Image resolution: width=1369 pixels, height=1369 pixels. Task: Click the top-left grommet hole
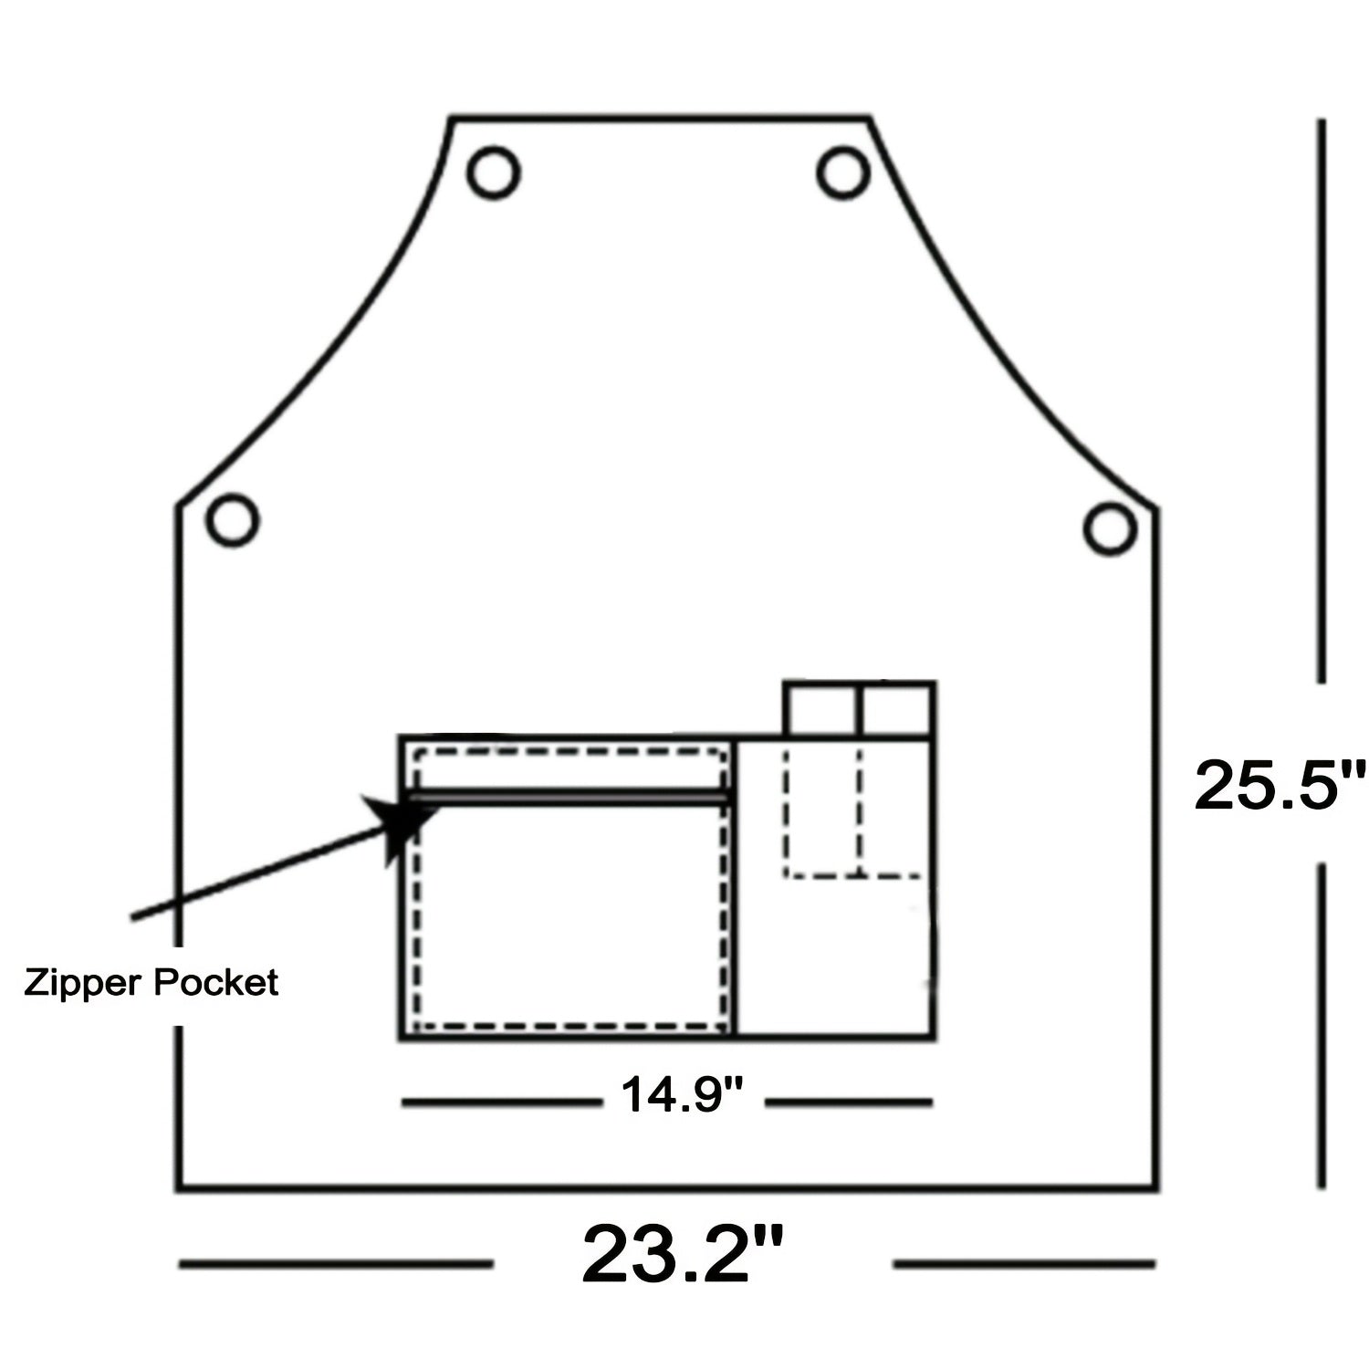pos(494,172)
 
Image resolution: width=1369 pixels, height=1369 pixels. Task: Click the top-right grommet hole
pos(842,172)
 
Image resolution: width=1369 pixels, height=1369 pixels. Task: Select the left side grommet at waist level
pos(232,519)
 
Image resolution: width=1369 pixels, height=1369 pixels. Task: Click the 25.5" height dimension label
pos(1280,785)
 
